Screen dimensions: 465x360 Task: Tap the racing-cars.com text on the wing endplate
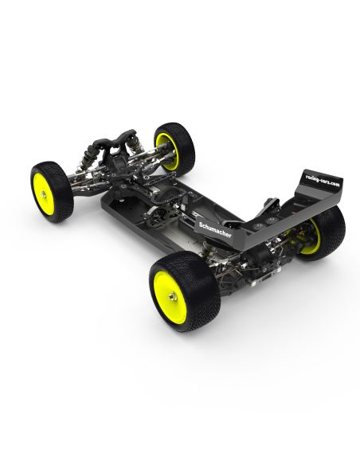(x=323, y=182)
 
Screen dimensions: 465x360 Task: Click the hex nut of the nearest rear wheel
(x=171, y=295)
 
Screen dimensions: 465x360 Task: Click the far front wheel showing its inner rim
(x=173, y=148)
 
